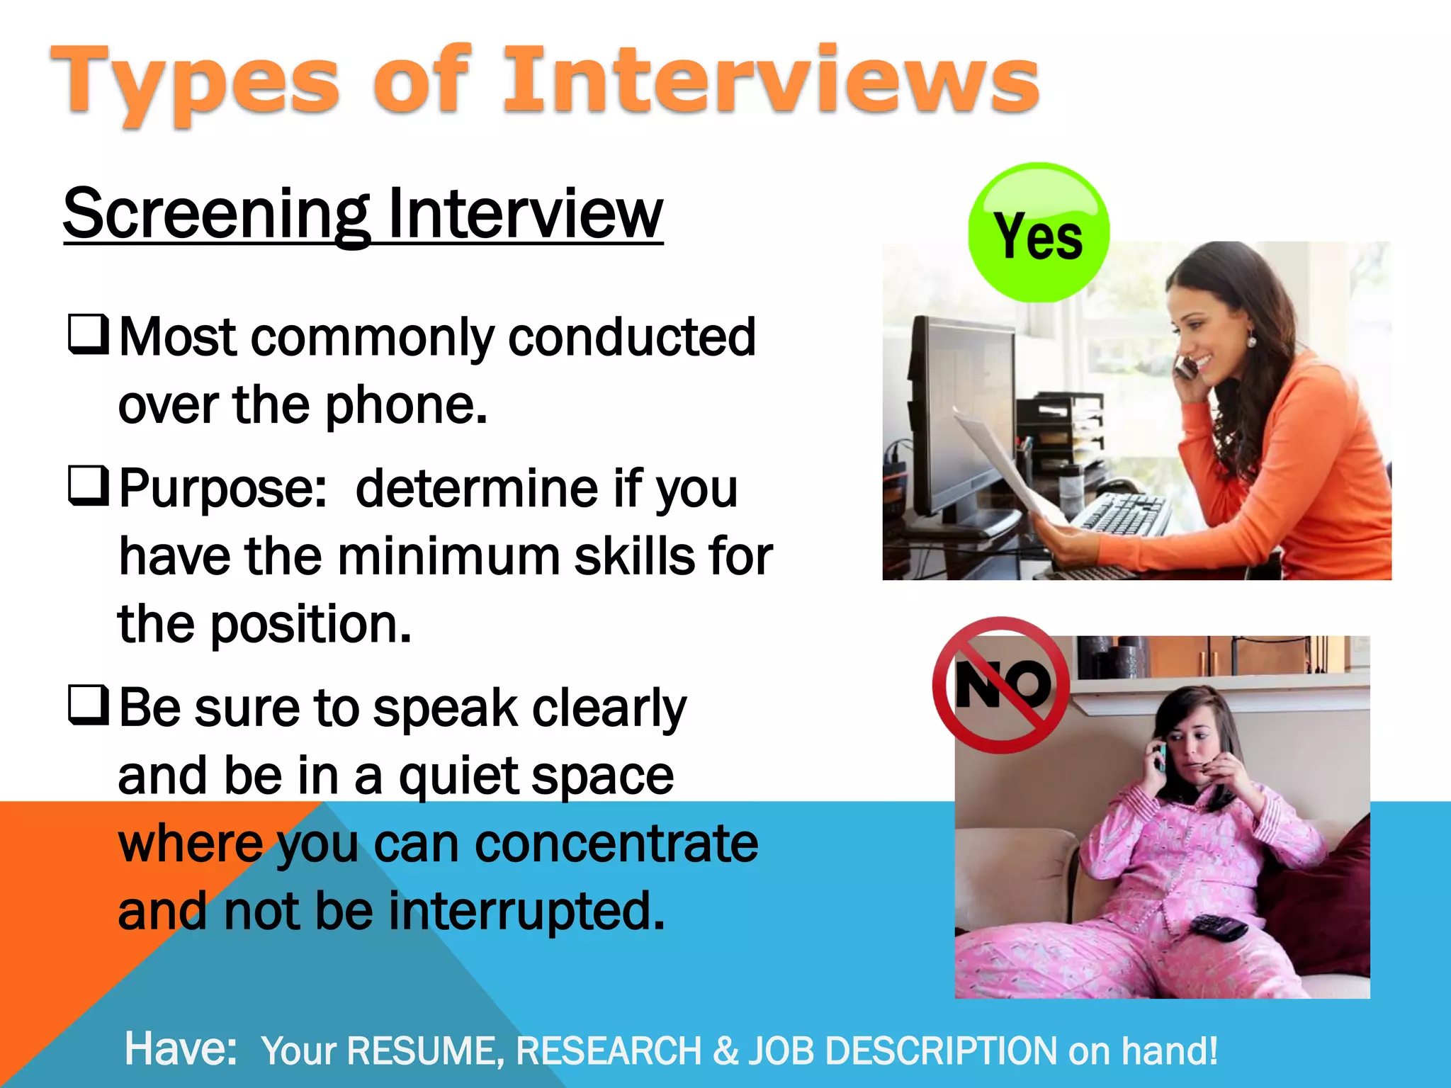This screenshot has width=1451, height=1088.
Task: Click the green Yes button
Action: (1039, 233)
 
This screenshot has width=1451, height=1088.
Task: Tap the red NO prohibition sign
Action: (1001, 685)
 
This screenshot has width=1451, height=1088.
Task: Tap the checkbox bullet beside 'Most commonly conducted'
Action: (89, 334)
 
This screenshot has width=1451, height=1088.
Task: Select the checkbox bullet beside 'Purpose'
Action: (89, 486)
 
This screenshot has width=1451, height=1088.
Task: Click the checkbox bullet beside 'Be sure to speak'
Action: (89, 705)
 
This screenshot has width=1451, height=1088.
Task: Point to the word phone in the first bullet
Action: (405, 407)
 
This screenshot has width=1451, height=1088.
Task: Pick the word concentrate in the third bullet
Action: (616, 844)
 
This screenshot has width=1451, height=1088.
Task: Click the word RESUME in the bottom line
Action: (426, 1051)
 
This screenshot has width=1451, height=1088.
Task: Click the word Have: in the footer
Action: (181, 1049)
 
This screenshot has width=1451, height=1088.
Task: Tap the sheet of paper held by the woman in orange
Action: (1006, 467)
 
